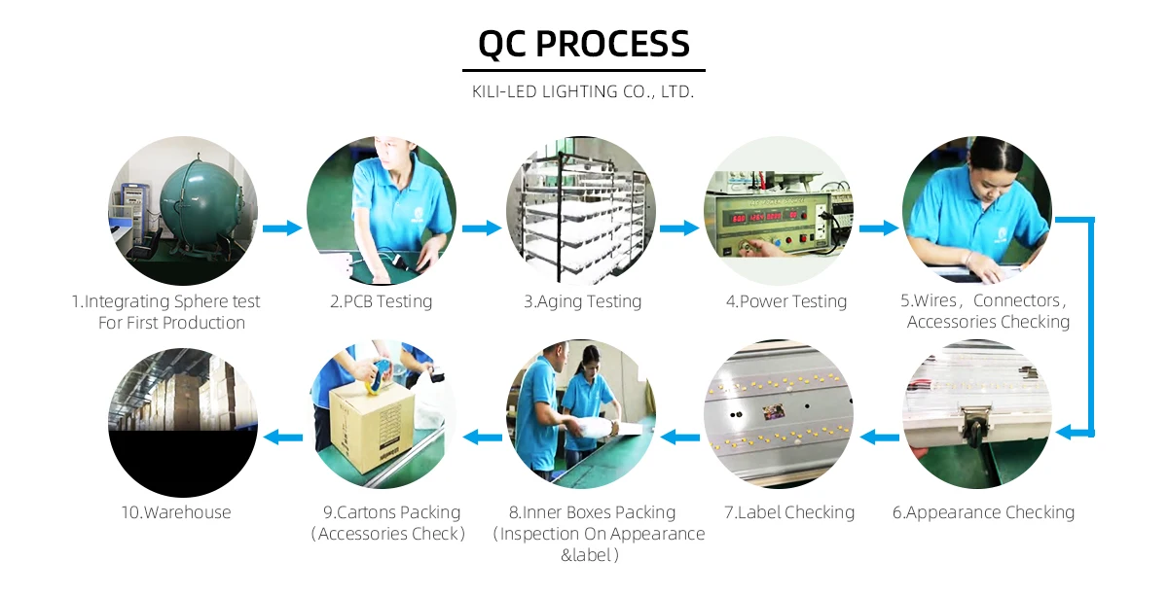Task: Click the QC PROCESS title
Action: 584,44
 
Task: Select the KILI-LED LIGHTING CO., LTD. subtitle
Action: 583,92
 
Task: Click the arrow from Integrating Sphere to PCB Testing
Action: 282,228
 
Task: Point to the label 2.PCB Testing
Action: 381,301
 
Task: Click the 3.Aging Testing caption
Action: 582,301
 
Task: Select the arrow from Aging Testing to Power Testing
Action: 679,228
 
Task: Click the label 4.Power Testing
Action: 786,301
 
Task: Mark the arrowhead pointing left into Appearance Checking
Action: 1064,432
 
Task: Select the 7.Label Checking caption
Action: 788,512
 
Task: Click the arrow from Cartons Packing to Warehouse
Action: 283,437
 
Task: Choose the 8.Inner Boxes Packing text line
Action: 592,512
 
